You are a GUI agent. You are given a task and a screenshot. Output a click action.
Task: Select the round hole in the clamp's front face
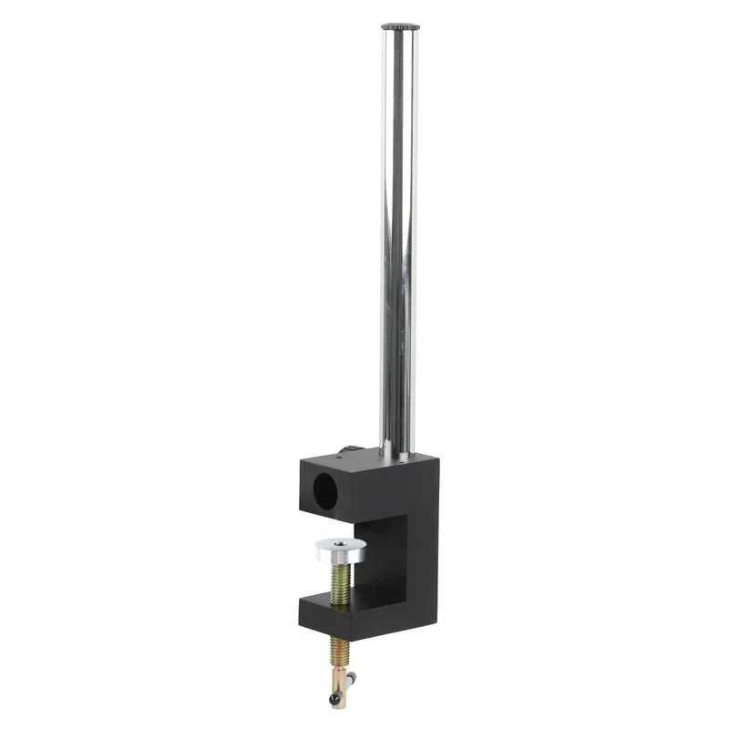[x=324, y=493]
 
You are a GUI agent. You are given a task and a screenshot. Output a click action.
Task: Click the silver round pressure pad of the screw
[x=342, y=549]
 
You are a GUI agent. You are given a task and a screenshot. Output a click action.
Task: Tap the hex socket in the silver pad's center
[x=342, y=545]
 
